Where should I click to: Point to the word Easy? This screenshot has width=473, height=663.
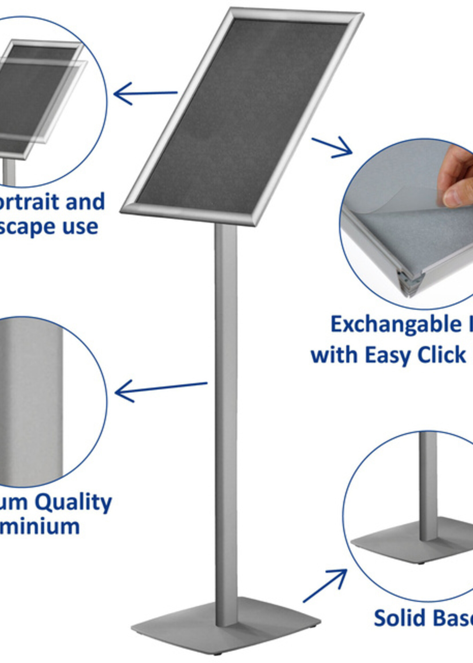(385, 355)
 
